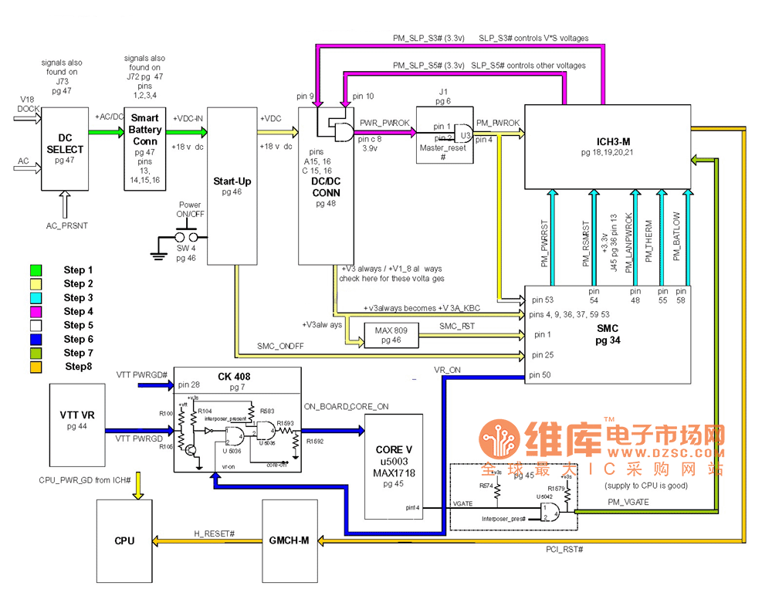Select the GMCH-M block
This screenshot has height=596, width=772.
coord(290,540)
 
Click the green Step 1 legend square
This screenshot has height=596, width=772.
coord(36,270)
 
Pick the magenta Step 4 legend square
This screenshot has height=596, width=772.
coord(36,312)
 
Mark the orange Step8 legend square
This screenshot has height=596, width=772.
coord(36,367)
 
